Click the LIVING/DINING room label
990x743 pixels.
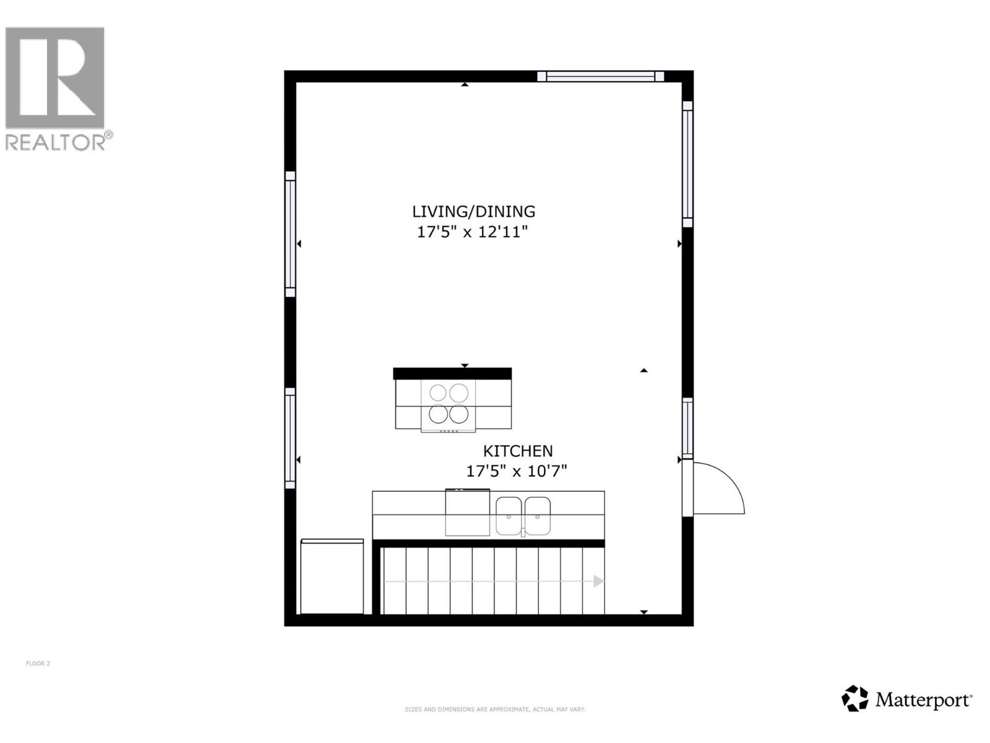pyautogui.click(x=473, y=212)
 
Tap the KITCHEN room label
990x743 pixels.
pyautogui.click(x=518, y=451)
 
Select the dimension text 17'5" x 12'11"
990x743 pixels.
pyautogui.click(x=472, y=232)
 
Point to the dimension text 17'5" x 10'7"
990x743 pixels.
pyautogui.click(x=516, y=471)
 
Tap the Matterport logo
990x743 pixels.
pyautogui.click(x=907, y=699)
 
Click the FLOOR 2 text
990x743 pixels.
pyautogui.click(x=38, y=664)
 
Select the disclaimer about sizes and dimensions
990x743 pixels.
pyautogui.click(x=494, y=710)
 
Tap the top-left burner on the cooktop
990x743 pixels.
pyautogui.click(x=438, y=393)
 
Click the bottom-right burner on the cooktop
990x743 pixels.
pyautogui.click(x=459, y=414)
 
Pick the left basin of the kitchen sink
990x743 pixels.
pyautogui.click(x=509, y=516)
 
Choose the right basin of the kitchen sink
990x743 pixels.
pyautogui.click(x=537, y=516)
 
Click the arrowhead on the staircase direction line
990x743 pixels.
pyautogui.click(x=598, y=581)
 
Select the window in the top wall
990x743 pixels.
pyautogui.click(x=600, y=77)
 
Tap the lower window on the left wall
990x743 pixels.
pyautogui.click(x=290, y=438)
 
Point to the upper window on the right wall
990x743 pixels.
pyautogui.click(x=687, y=164)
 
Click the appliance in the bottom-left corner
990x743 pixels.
pyautogui.click(x=332, y=576)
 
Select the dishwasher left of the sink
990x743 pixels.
pyautogui.click(x=467, y=513)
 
